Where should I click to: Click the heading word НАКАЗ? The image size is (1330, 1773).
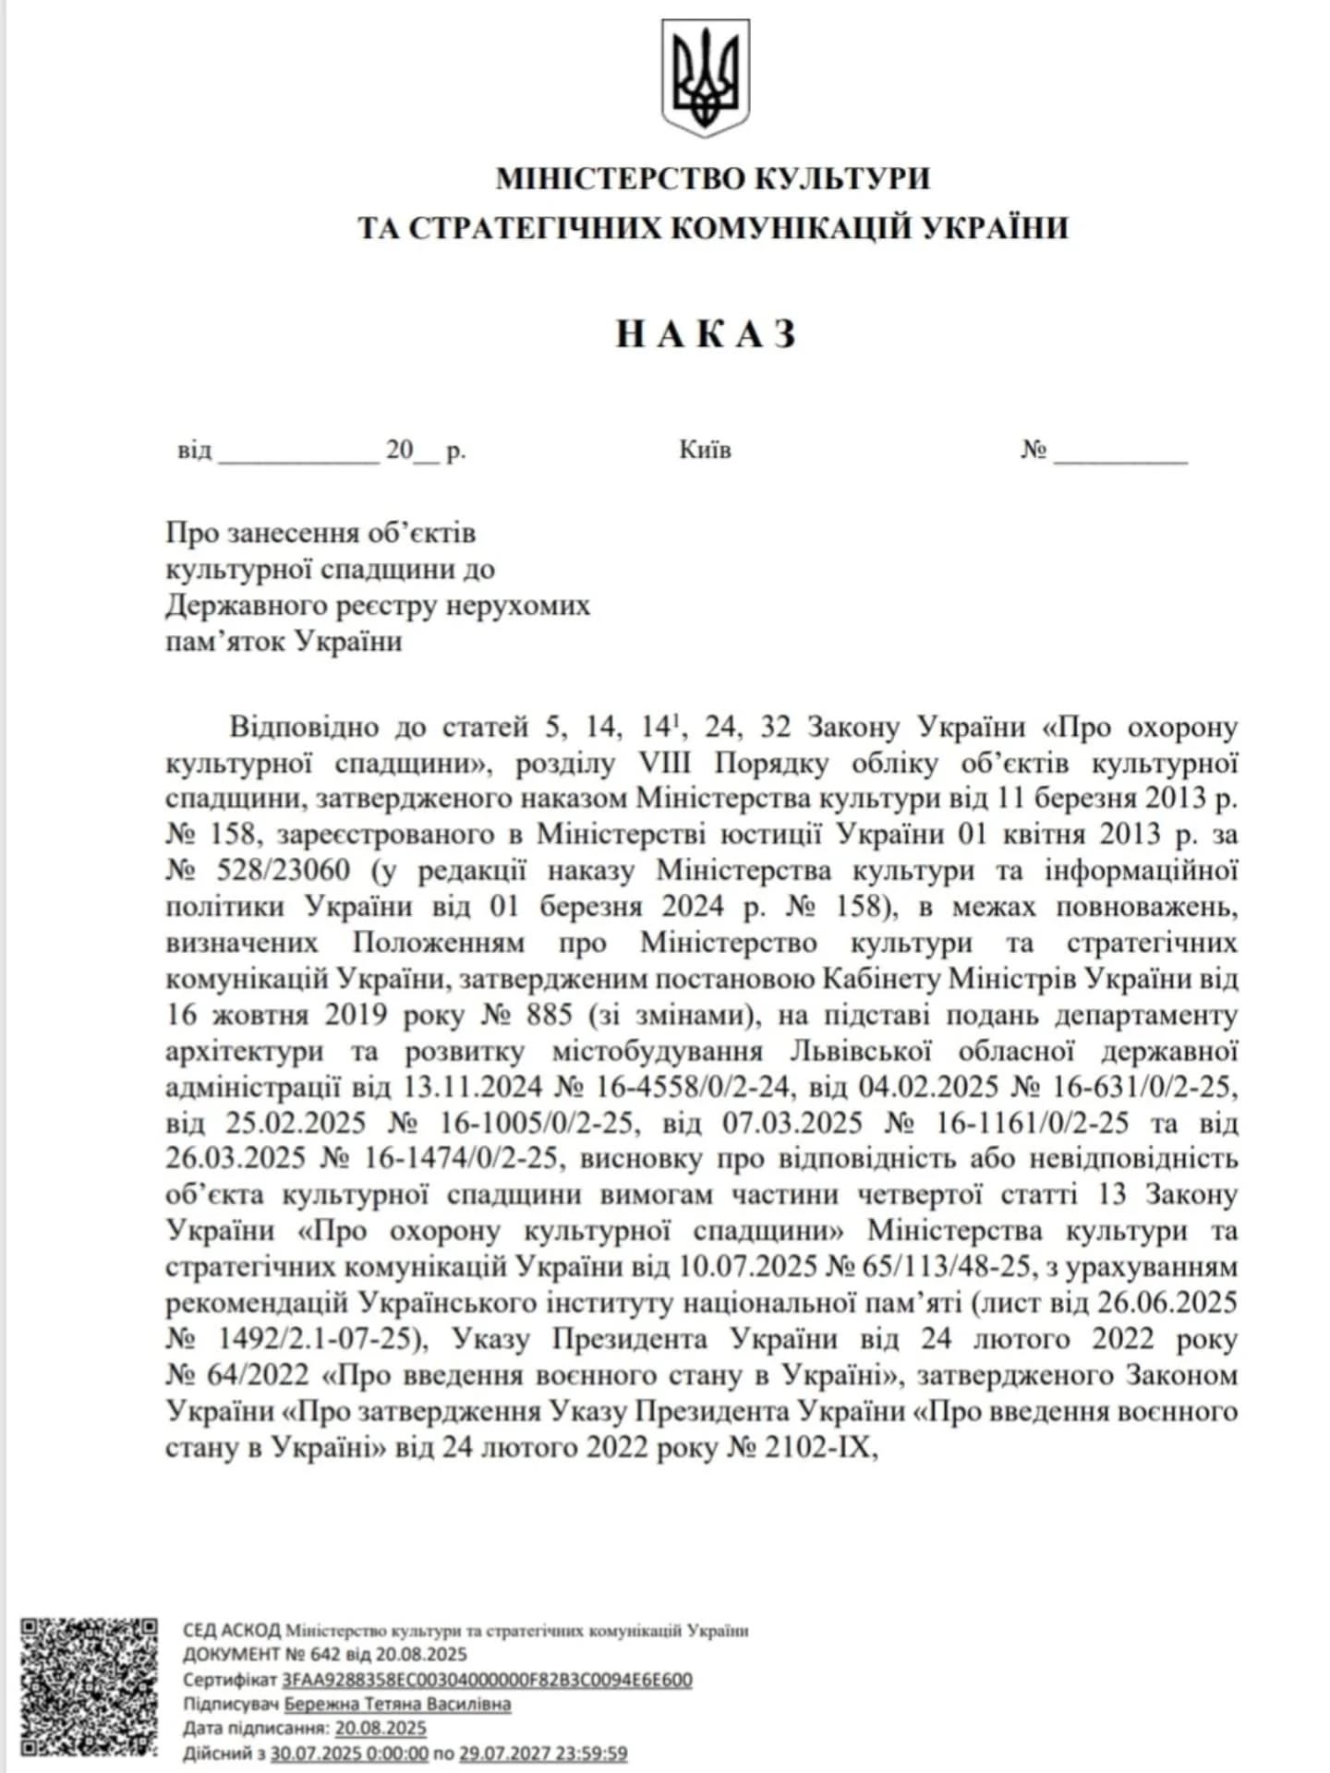(x=705, y=333)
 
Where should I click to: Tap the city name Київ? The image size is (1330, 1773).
(x=705, y=451)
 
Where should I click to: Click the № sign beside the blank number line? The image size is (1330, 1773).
(x=1034, y=451)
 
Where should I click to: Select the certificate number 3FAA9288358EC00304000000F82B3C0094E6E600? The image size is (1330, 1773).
(x=487, y=1680)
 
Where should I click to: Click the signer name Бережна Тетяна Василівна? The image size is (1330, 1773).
(x=397, y=1704)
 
